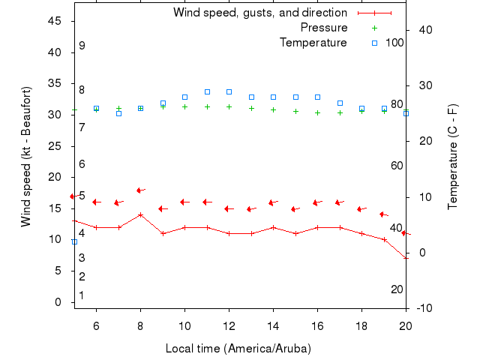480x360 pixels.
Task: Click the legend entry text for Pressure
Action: click(x=323, y=28)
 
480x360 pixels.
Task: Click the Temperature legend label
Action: click(x=313, y=43)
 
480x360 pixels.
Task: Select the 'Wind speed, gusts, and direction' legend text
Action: click(x=259, y=13)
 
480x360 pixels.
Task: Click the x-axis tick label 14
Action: click(x=273, y=325)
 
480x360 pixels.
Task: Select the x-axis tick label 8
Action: click(x=140, y=325)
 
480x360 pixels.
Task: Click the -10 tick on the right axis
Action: click(x=424, y=308)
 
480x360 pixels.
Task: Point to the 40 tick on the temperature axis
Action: click(x=424, y=30)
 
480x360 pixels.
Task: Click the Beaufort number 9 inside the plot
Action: click(x=82, y=46)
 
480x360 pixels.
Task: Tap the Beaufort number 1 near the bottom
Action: click(x=82, y=295)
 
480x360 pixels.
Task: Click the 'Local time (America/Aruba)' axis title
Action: click(x=238, y=349)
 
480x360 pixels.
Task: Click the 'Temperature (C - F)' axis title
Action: click(x=453, y=157)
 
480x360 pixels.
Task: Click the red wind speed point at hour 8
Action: click(x=140, y=214)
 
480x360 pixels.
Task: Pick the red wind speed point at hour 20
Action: click(x=406, y=258)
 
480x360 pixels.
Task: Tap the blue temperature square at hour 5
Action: click(x=74, y=241)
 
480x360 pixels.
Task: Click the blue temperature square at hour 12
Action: click(x=229, y=91)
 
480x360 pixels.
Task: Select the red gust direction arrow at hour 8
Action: click(x=140, y=190)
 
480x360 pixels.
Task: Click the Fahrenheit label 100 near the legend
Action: click(x=394, y=43)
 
